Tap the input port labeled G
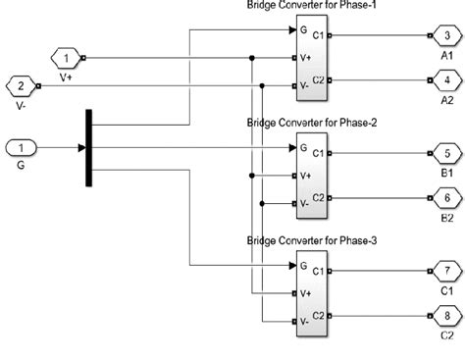[x=22, y=148]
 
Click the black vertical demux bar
[x=89, y=148]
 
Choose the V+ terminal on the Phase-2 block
[x=306, y=177]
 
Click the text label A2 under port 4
[x=446, y=99]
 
